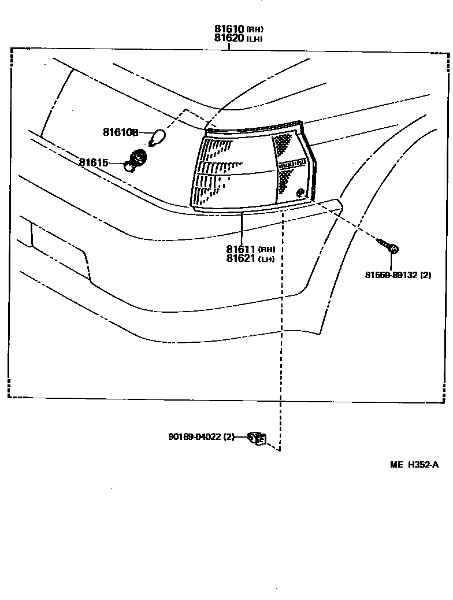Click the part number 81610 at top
[x=229, y=29]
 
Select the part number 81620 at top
[x=229, y=39]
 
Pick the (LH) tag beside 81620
[x=255, y=39]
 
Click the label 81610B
[x=120, y=132]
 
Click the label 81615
[x=94, y=163]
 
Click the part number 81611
[x=241, y=249]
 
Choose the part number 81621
[x=241, y=258]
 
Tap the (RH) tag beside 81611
[x=267, y=250]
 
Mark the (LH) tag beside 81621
[x=266, y=259]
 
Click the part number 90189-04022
[x=195, y=437]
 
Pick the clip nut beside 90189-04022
[x=256, y=439]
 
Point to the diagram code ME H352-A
[x=414, y=464]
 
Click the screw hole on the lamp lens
[x=299, y=193]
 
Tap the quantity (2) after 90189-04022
[x=229, y=437]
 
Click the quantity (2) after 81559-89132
[x=426, y=275]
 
